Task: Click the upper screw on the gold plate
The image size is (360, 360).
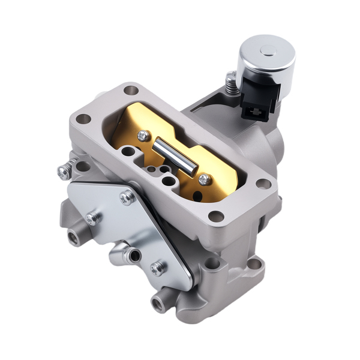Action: click(142, 136)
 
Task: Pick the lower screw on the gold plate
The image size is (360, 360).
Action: click(205, 178)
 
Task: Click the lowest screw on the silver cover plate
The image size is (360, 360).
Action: click(157, 268)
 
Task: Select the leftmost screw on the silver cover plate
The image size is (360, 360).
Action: click(90, 218)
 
